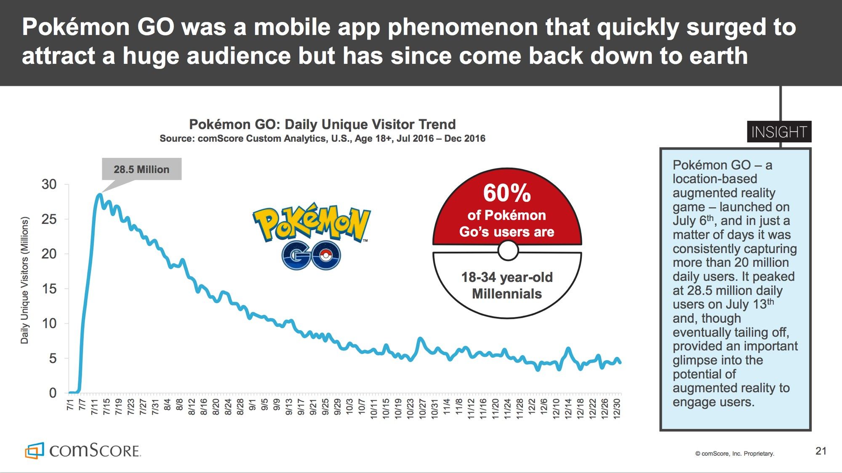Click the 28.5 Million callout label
click(x=141, y=169)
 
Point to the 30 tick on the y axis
click(x=49, y=184)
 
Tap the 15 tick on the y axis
click(x=49, y=289)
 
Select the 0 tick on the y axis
click(x=53, y=393)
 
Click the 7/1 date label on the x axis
click(x=70, y=405)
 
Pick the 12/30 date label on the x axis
click(x=617, y=407)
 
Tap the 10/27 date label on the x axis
click(x=422, y=407)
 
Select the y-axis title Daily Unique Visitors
click(x=25, y=280)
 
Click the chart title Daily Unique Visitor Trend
click(x=322, y=124)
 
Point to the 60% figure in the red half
click(x=507, y=193)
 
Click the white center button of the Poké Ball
click(x=508, y=251)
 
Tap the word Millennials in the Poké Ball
click(x=507, y=294)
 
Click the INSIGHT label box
click(x=779, y=132)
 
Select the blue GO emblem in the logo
click(x=311, y=255)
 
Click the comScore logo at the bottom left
click(x=83, y=451)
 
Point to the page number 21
click(x=821, y=451)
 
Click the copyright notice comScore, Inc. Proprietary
click(x=734, y=454)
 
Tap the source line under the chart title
click(x=322, y=138)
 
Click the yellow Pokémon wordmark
click(x=312, y=223)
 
